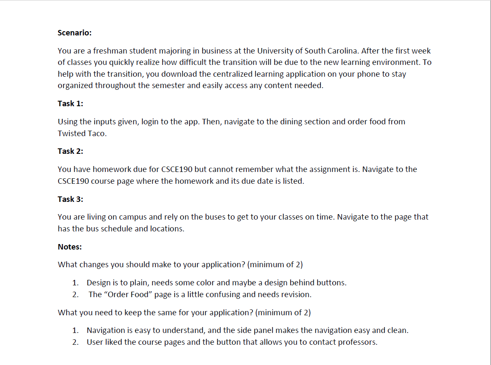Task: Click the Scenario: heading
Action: (x=75, y=32)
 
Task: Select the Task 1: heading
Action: (x=70, y=103)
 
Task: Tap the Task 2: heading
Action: (x=70, y=151)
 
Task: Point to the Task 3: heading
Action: (x=70, y=199)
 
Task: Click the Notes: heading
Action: (x=70, y=247)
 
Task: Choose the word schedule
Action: (x=118, y=228)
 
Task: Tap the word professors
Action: (x=359, y=342)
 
